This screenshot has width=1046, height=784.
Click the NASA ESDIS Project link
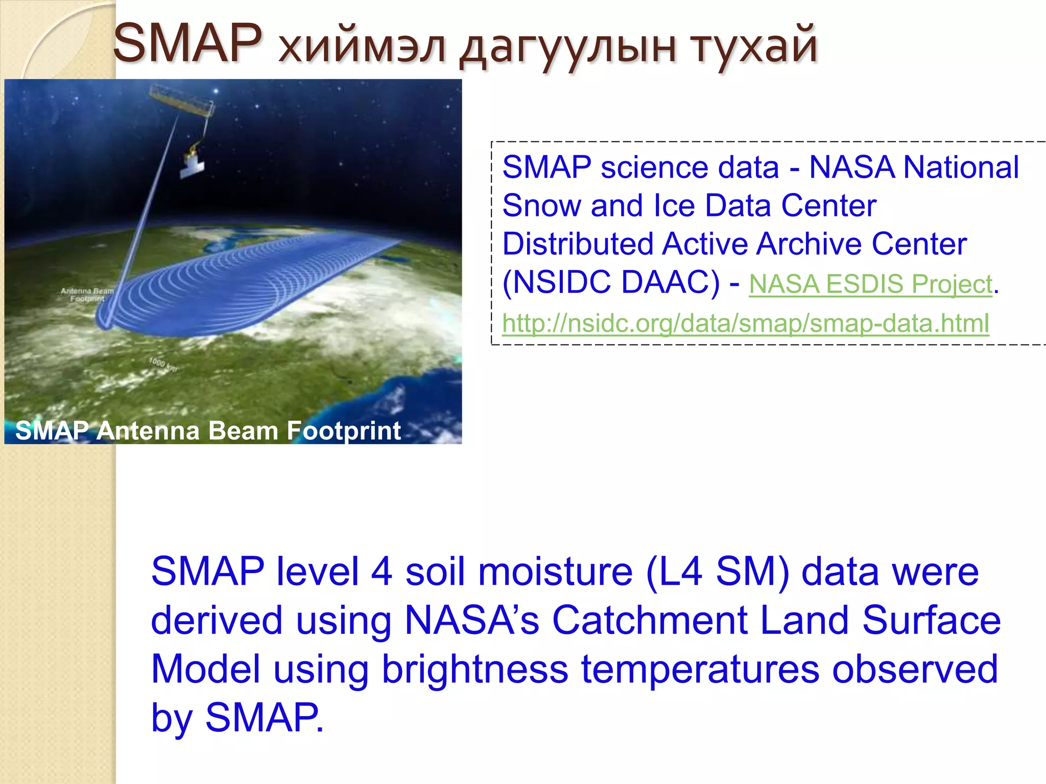point(870,284)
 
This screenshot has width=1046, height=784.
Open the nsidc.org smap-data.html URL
point(745,323)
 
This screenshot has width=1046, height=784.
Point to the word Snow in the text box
point(541,206)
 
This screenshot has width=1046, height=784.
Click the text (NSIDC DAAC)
point(611,282)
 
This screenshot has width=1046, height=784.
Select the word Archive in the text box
point(809,244)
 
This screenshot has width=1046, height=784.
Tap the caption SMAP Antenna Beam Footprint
point(208,430)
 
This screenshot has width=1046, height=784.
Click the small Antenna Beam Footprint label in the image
point(87,295)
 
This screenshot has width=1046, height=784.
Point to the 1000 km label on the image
point(162,364)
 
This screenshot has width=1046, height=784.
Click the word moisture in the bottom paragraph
point(555,572)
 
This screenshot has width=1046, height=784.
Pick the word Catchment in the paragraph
point(649,620)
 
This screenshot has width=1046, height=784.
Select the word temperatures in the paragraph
point(700,669)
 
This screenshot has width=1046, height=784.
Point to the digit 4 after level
point(382,572)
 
